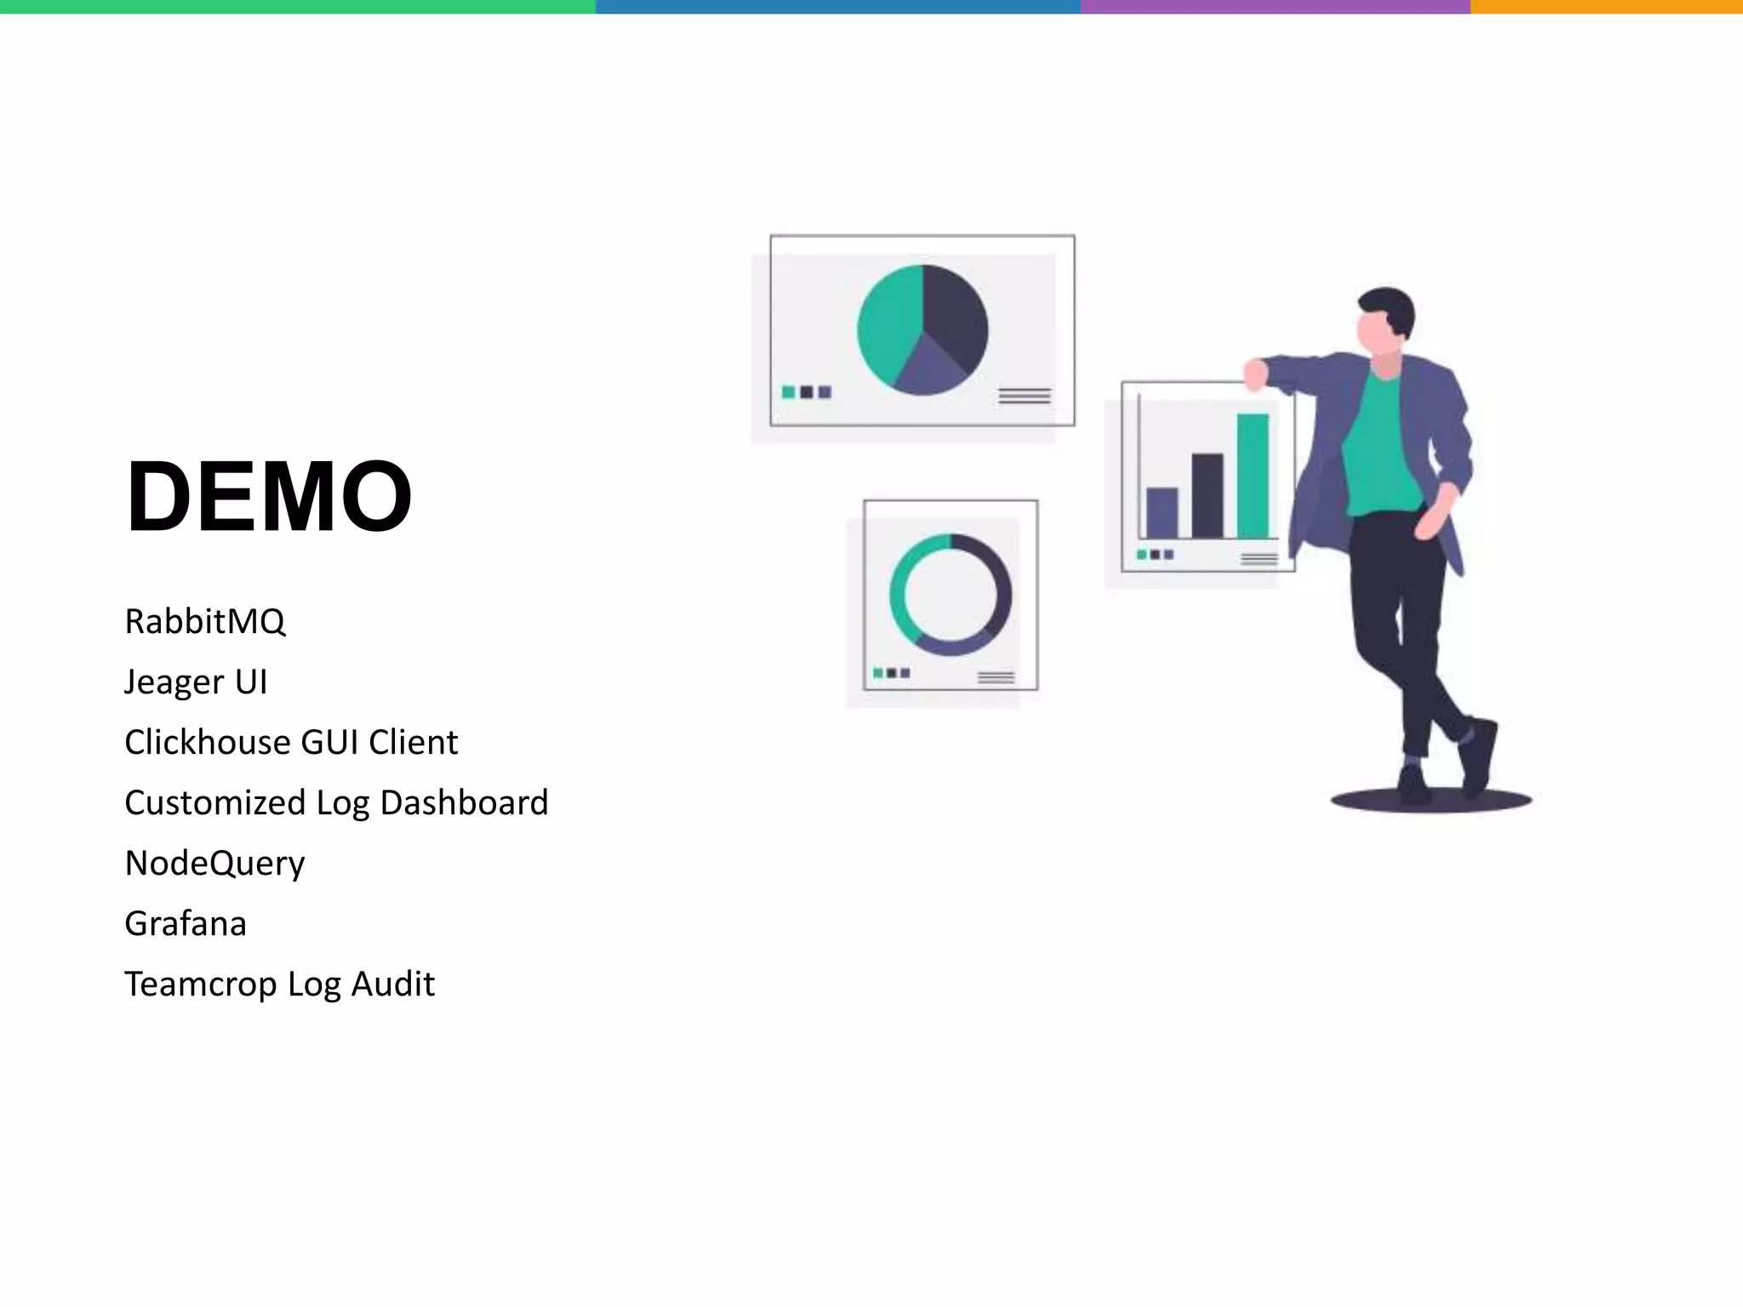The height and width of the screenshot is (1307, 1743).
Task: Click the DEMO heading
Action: pyautogui.click(x=269, y=497)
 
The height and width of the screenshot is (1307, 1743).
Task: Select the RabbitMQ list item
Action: pyautogui.click(x=205, y=622)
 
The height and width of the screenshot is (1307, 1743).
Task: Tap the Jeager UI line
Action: pyautogui.click(x=196, y=682)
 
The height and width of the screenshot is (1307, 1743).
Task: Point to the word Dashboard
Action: pyautogui.click(x=464, y=803)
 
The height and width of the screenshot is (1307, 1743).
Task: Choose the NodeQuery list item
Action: pyautogui.click(x=214, y=864)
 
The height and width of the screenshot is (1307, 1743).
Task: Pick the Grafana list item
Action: pyautogui.click(x=186, y=924)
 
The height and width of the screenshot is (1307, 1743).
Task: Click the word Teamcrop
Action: pyautogui.click(x=200, y=985)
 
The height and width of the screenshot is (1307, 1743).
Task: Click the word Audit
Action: pyautogui.click(x=392, y=985)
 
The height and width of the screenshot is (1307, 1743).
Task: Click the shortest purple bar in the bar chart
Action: pyautogui.click(x=1162, y=512)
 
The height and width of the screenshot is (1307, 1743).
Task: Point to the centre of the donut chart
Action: pyautogui.click(x=951, y=595)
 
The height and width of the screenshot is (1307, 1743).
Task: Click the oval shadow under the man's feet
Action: pyautogui.click(x=1432, y=801)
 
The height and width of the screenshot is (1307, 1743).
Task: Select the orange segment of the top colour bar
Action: pyautogui.click(x=1606, y=7)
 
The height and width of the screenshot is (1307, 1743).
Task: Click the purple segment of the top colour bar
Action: pyautogui.click(x=1275, y=7)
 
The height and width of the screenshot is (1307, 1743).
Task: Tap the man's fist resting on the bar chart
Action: pyautogui.click(x=1255, y=374)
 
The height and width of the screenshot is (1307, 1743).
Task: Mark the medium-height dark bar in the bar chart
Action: pyautogui.click(x=1207, y=495)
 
